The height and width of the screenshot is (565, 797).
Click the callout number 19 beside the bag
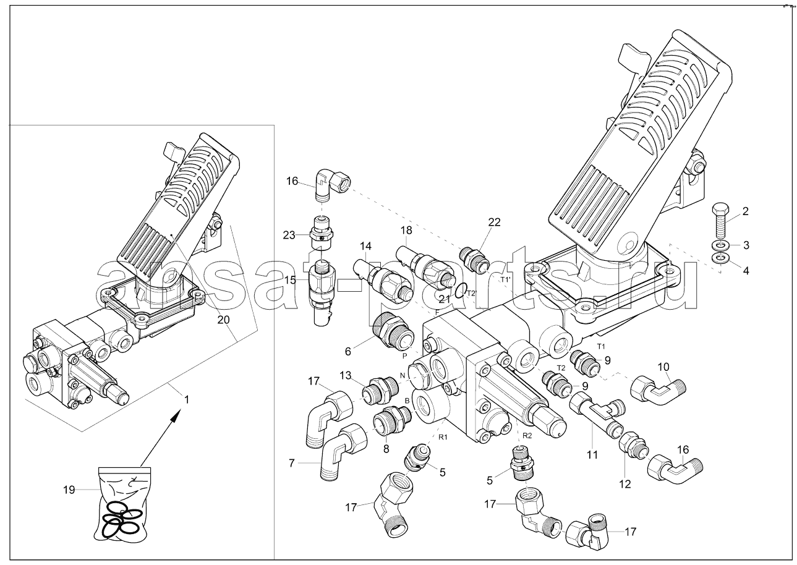pos(69,490)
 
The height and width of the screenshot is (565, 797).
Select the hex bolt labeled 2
pos(720,219)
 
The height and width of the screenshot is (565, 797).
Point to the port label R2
pos(527,435)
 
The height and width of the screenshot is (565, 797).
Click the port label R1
pos(443,438)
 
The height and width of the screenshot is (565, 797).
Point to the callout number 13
pos(344,376)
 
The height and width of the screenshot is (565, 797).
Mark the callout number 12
pos(626,484)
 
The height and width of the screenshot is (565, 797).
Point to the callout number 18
pos(406,231)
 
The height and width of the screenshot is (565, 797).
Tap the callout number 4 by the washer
pos(746,270)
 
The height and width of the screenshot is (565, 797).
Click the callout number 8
pos(386,449)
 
